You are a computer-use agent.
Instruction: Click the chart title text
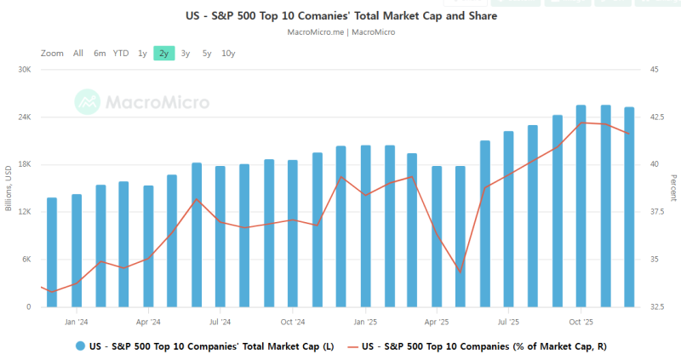point(340,15)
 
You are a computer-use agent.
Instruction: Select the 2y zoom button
point(163,53)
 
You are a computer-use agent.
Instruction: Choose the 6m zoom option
point(100,53)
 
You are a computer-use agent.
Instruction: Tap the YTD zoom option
point(121,53)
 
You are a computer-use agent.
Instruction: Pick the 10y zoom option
point(228,53)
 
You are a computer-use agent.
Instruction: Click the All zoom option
point(78,53)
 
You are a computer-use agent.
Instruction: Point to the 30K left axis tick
point(23,70)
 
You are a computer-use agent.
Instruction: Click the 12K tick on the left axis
point(23,212)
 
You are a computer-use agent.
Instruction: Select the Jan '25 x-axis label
point(364,322)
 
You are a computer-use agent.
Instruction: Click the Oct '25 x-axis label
point(581,322)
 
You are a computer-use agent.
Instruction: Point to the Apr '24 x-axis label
point(148,322)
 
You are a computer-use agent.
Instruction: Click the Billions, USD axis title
point(9,188)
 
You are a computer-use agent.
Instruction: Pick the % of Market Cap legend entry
point(484,346)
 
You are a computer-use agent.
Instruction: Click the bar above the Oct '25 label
point(581,204)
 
